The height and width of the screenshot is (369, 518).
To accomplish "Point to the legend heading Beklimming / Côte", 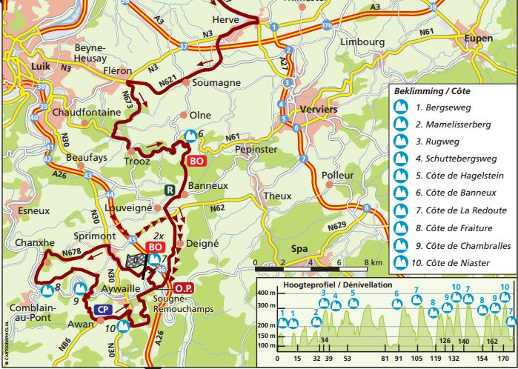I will [432, 90].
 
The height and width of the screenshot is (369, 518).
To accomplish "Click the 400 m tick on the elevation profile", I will [265, 294].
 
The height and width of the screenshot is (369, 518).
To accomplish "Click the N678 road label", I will [73, 252].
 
